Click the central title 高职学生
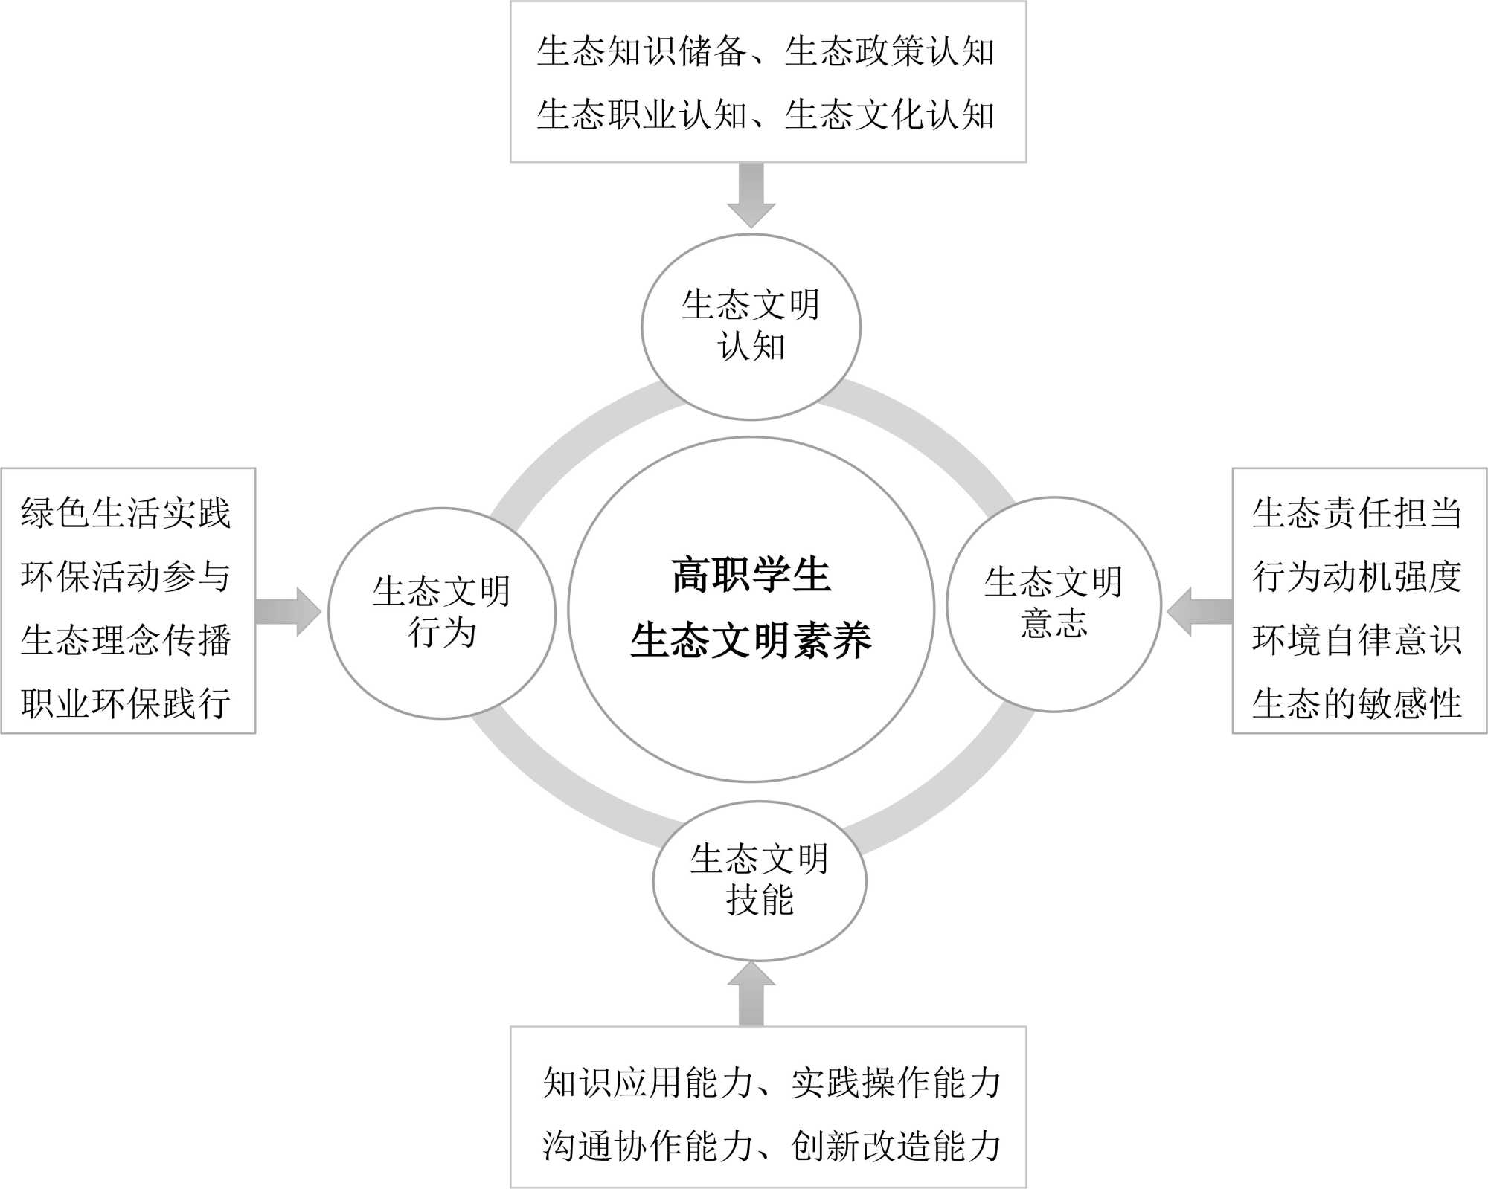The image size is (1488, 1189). (x=751, y=575)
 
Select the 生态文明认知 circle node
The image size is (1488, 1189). (x=751, y=326)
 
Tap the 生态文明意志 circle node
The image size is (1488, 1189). (x=1054, y=604)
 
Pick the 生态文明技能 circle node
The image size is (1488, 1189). (x=759, y=880)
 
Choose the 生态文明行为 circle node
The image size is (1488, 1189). (x=442, y=613)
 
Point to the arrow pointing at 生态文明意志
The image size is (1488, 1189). (x=1199, y=611)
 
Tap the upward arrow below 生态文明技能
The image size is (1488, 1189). (x=751, y=994)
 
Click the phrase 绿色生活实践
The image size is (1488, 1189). (x=126, y=513)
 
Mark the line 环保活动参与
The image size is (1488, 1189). (x=126, y=576)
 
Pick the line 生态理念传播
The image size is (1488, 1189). (x=126, y=640)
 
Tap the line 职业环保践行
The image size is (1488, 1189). (x=126, y=703)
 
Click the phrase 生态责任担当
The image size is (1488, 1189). (x=1357, y=513)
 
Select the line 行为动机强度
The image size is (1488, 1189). (x=1357, y=576)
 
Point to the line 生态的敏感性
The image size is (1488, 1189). (x=1357, y=703)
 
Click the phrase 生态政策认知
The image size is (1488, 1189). (x=890, y=51)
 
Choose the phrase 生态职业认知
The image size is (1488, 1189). (x=642, y=115)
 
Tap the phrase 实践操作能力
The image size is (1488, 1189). (x=896, y=1082)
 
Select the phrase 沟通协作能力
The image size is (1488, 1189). (x=648, y=1146)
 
